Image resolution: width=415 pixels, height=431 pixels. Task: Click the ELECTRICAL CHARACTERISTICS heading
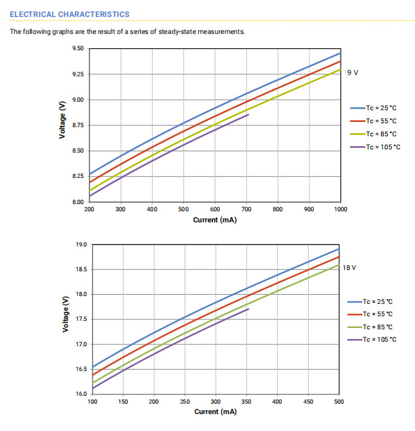coord(69,14)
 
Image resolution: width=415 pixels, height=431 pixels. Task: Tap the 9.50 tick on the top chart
coord(78,49)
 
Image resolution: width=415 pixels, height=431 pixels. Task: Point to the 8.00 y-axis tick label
coord(78,202)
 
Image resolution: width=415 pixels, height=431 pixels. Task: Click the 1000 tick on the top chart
coord(341,210)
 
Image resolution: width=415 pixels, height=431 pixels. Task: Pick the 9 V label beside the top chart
coord(352,72)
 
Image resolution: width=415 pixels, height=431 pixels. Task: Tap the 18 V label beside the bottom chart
coord(350,268)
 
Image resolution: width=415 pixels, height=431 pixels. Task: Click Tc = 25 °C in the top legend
coord(381,108)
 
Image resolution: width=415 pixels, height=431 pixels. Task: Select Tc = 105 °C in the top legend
coord(383,147)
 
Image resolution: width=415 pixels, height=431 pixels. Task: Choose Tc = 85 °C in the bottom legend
coord(379,327)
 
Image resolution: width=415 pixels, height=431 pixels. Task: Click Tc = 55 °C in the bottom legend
coord(379,314)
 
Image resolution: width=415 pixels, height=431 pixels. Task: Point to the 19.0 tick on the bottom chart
coord(81,245)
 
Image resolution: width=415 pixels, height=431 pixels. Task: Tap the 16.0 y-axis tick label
coord(81,394)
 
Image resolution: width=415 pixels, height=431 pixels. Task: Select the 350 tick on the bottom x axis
coord(247,402)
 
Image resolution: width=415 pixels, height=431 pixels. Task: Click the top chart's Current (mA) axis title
coord(215,220)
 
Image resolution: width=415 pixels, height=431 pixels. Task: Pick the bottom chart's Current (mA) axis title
coord(215,411)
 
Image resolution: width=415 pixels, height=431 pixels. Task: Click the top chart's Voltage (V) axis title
coord(62,125)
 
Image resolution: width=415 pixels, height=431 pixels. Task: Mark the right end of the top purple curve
coord(249,115)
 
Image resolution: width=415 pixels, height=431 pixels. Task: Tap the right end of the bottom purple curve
coord(249,308)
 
